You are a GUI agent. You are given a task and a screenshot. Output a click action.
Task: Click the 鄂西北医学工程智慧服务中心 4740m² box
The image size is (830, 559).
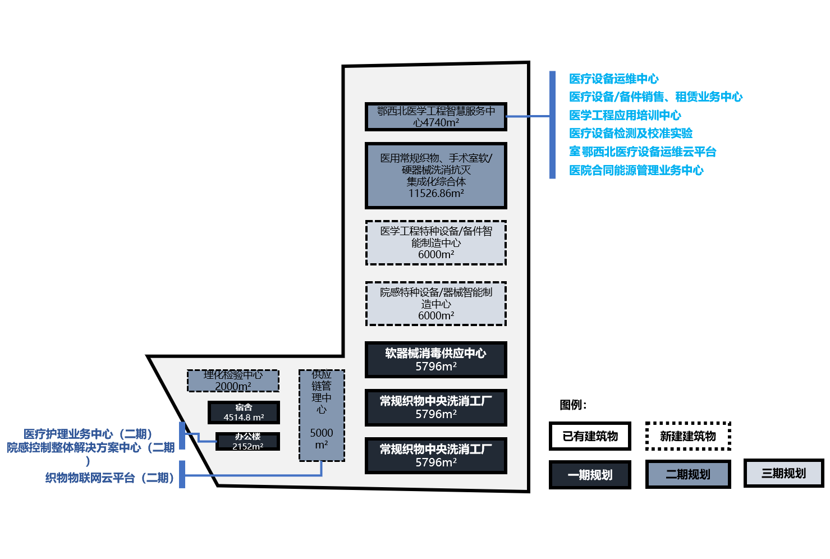pos(435,117)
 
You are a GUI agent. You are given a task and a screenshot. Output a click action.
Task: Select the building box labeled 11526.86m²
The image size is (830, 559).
pos(435,176)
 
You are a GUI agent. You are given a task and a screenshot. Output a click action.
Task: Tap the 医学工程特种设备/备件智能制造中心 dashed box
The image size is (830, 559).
pos(435,242)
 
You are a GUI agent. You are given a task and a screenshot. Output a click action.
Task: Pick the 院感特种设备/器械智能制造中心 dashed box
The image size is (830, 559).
pos(435,304)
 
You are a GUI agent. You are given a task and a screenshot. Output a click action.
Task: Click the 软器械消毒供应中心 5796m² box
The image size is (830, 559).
pos(435,360)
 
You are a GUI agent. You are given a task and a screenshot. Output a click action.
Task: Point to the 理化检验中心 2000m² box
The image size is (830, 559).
pos(233,381)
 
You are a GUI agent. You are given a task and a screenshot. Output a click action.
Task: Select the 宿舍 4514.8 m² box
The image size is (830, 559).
pos(244,413)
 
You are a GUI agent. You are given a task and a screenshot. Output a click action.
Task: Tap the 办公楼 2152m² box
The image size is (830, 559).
pos(247,441)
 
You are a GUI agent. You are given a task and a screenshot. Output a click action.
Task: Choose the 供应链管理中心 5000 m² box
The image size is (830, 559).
pos(322,415)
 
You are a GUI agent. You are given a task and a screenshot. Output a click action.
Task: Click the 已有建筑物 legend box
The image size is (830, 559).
pos(590,436)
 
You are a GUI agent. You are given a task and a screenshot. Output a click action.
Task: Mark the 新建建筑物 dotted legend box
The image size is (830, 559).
pos(688,436)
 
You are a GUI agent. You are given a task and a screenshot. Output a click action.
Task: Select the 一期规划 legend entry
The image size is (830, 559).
pos(590,475)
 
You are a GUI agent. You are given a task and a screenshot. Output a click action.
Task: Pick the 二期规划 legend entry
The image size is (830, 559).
pos(688,475)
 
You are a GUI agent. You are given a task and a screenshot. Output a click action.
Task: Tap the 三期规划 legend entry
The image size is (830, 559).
pos(783,473)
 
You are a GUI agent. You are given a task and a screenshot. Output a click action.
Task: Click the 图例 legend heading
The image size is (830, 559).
pos(573,405)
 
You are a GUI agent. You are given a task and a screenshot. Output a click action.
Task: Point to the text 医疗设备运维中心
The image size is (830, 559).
pos(614,79)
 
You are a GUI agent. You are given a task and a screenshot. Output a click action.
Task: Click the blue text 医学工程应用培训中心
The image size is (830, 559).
pos(625,115)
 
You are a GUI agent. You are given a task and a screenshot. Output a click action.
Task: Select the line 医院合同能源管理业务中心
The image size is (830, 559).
pos(636,170)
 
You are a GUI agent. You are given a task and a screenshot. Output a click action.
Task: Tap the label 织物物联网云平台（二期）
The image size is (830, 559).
pos(109,478)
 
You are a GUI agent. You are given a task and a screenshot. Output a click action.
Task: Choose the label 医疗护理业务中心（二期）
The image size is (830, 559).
pos(88,434)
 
